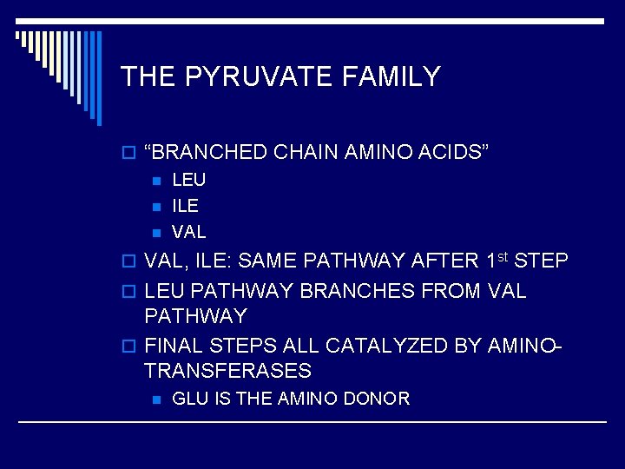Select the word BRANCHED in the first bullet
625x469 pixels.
(208, 154)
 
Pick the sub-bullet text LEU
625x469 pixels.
(189, 181)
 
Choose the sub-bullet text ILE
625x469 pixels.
(185, 206)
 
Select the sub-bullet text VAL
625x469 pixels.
(189, 232)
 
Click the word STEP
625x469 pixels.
(543, 261)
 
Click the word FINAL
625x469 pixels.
(174, 345)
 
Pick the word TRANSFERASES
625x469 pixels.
(227, 371)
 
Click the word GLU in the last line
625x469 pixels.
(188, 399)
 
